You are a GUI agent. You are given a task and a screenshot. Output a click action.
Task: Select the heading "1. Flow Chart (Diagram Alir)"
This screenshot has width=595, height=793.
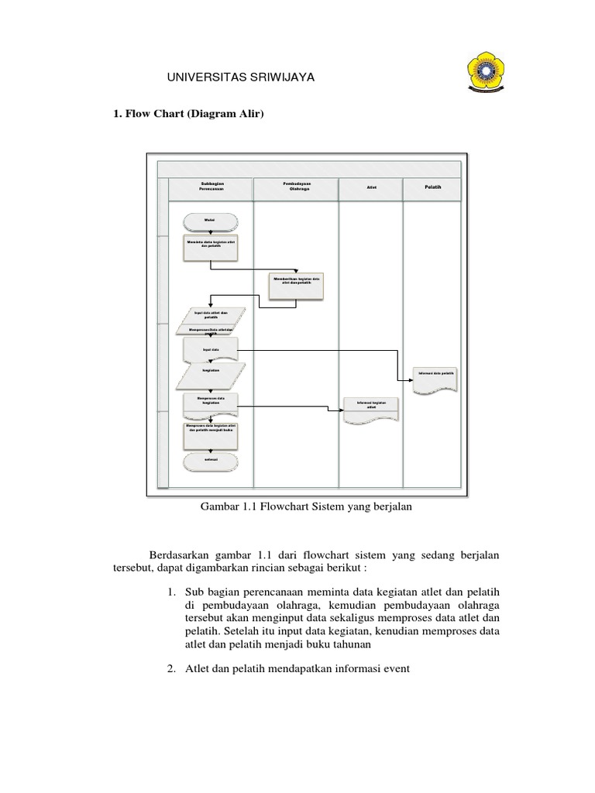tap(190, 115)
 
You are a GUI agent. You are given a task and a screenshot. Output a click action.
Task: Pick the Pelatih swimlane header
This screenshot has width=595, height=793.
tap(432, 188)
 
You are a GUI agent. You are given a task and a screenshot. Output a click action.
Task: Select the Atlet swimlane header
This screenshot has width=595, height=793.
tap(371, 188)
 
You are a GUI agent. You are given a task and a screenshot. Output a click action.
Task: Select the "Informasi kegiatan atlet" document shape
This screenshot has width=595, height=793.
tap(370, 408)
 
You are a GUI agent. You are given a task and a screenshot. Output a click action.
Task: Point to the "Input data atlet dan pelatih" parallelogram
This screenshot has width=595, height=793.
tap(212, 316)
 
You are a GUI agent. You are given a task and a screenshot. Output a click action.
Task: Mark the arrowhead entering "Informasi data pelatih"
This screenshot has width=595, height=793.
tap(411, 379)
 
